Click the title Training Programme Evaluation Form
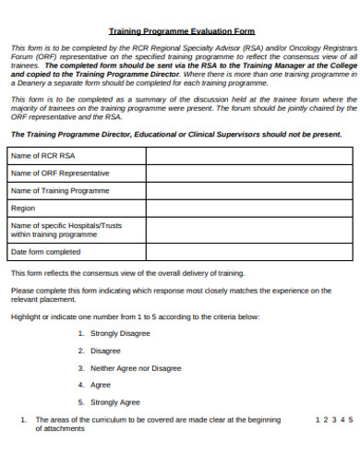click(181, 30)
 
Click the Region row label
click(23, 209)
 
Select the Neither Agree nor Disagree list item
click(136, 368)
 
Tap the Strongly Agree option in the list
click(115, 402)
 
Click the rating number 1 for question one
click(318, 419)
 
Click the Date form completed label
click(46, 251)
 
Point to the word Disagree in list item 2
click(106, 352)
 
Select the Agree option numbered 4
click(101, 386)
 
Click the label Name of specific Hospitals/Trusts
click(66, 225)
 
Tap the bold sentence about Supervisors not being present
click(175, 135)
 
